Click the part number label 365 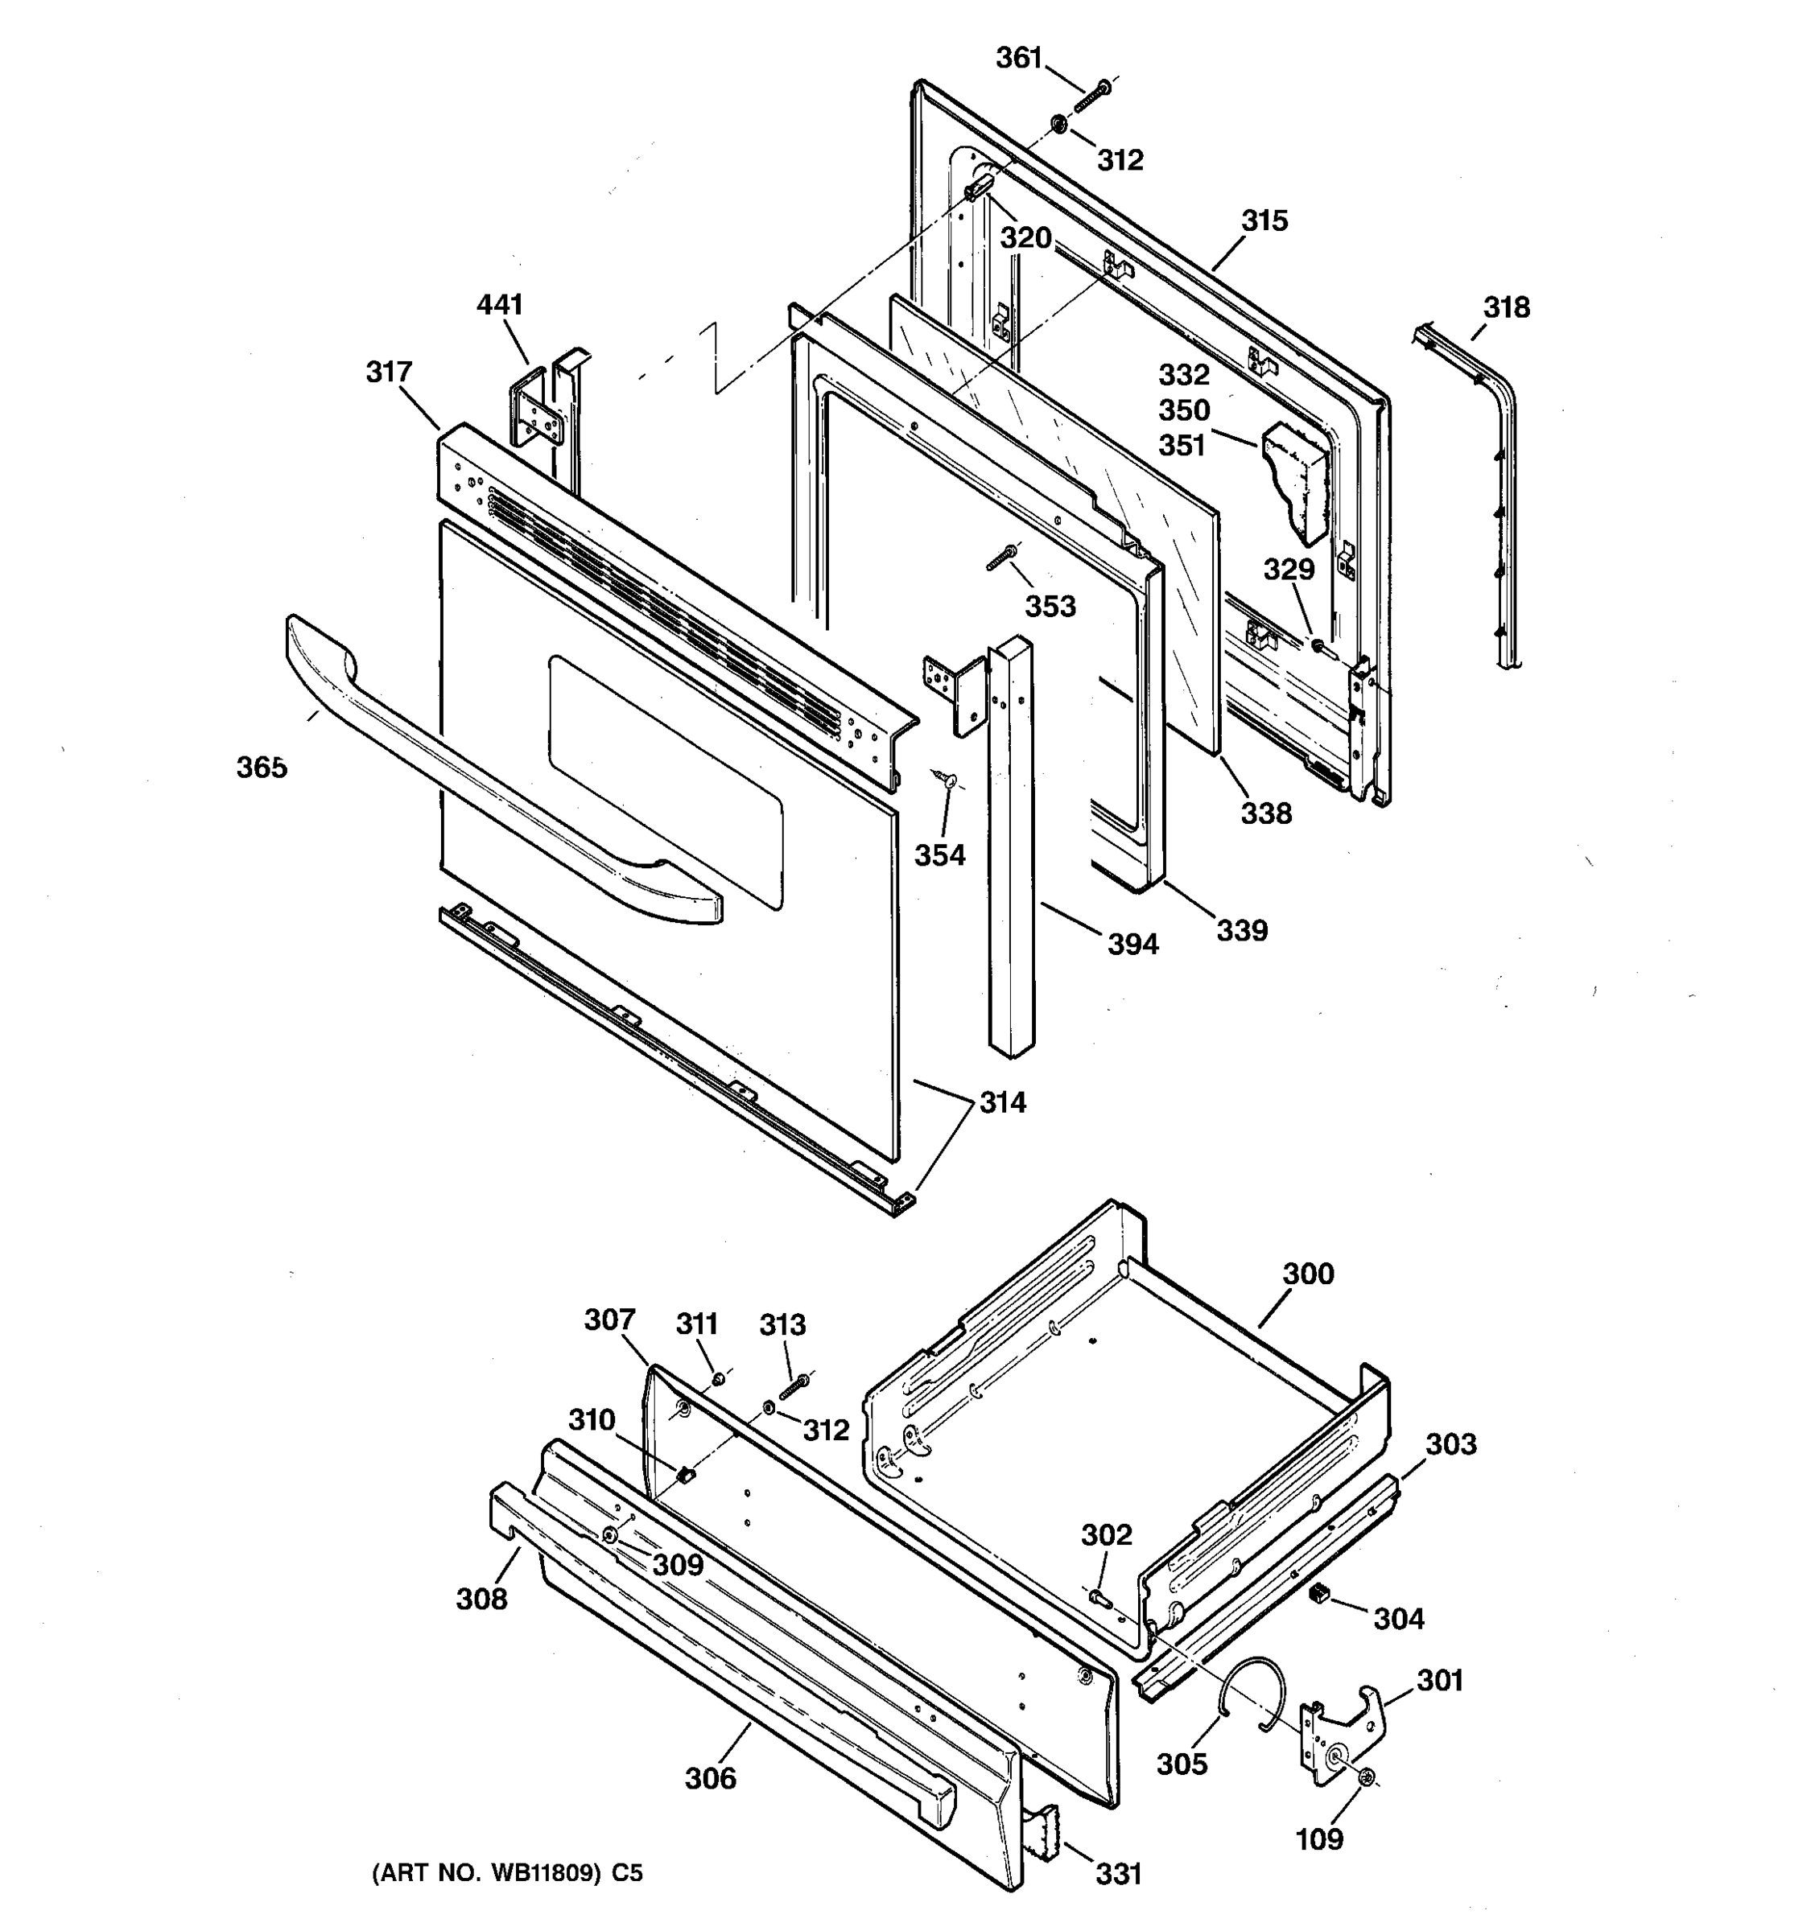click(262, 768)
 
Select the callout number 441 click(499, 305)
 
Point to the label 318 click(1506, 308)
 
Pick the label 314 click(1003, 1102)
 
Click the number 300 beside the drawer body click(1308, 1274)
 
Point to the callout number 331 click(1118, 1875)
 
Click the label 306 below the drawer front click(710, 1778)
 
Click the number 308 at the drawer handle click(482, 1599)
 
